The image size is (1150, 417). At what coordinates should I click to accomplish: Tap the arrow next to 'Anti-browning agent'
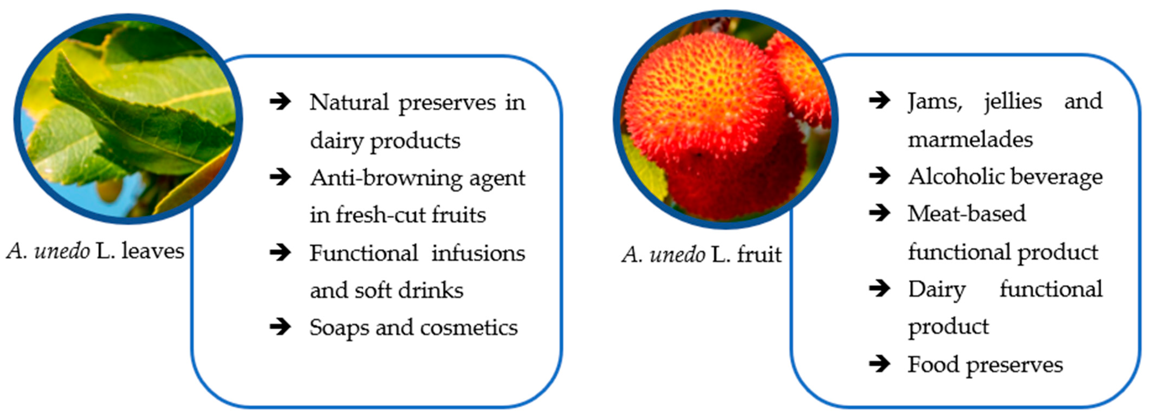coord(280,177)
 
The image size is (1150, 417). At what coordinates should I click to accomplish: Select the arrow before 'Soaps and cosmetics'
coord(280,327)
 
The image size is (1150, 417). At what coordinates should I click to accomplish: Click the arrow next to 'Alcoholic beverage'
coord(880,176)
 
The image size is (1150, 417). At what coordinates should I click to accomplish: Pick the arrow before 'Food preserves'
coord(880,364)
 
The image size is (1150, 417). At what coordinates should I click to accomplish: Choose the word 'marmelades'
coord(971,139)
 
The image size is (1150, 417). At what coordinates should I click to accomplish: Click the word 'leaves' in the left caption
coord(153,251)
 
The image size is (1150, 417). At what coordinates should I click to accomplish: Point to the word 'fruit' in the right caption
coord(759,254)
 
